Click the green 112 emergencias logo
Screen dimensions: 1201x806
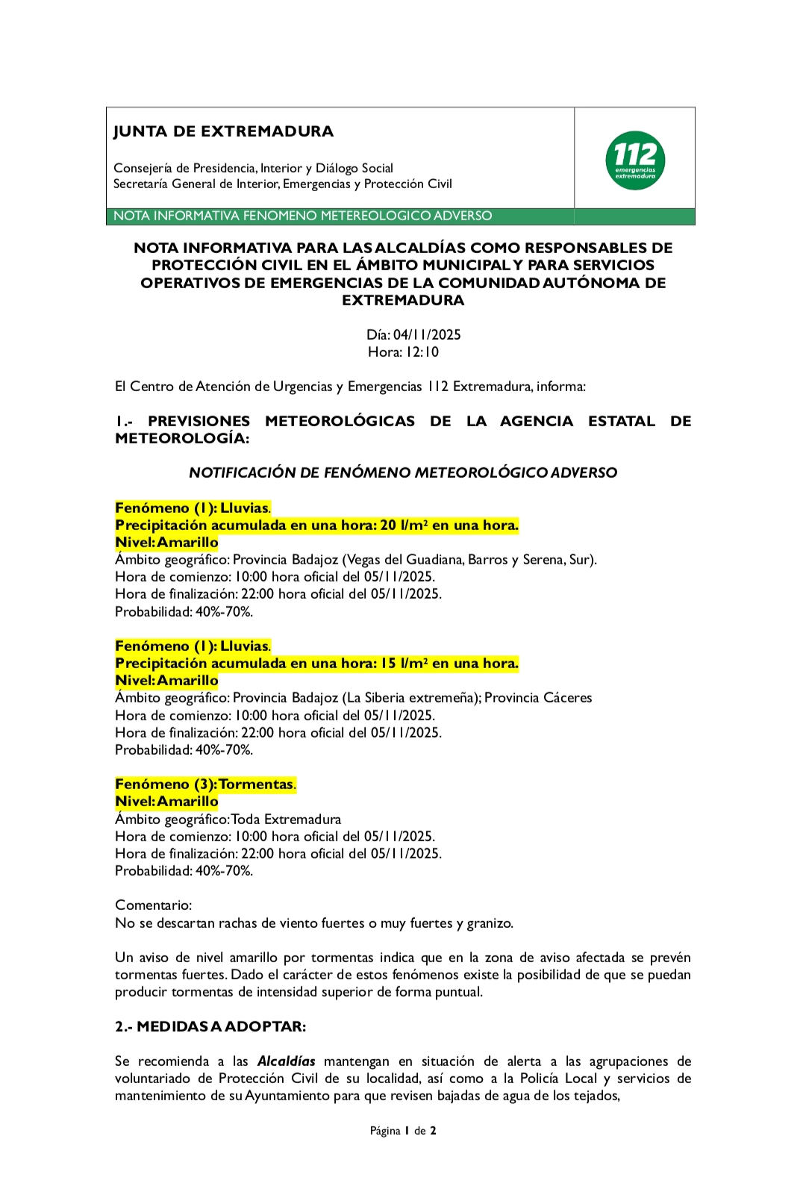(x=635, y=160)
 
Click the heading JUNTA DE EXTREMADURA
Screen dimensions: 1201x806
(x=223, y=131)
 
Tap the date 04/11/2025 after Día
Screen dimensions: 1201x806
(x=427, y=334)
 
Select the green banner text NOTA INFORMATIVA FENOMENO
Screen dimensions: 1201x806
(x=302, y=216)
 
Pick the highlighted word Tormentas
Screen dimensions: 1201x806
(x=256, y=784)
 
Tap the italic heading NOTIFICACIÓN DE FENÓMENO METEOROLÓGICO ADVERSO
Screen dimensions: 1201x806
(x=403, y=472)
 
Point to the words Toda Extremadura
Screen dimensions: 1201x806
(x=287, y=819)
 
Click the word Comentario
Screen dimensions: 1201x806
(x=153, y=905)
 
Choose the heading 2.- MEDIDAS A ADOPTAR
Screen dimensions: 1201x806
(x=210, y=1026)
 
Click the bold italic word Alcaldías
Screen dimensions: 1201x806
(x=286, y=1061)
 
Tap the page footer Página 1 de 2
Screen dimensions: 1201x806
(x=403, y=1130)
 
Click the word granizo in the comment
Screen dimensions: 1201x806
(x=490, y=923)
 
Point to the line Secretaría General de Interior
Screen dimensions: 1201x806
(x=282, y=184)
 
